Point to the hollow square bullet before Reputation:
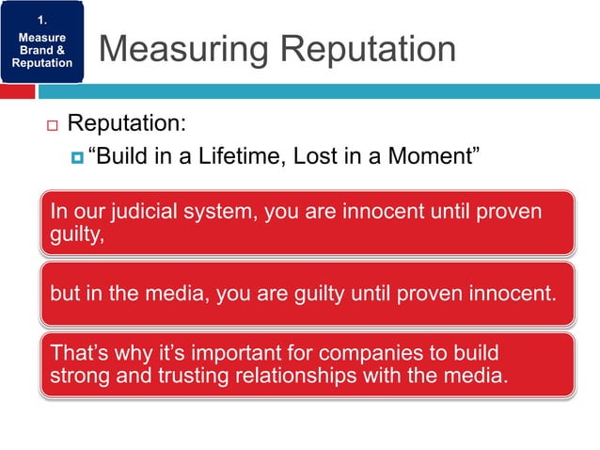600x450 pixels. [x=51, y=124]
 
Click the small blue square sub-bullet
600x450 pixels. [x=76, y=155]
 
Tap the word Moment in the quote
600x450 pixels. [x=426, y=154]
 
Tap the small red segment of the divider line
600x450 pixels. [x=18, y=92]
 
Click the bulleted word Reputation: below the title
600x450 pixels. [x=127, y=123]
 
